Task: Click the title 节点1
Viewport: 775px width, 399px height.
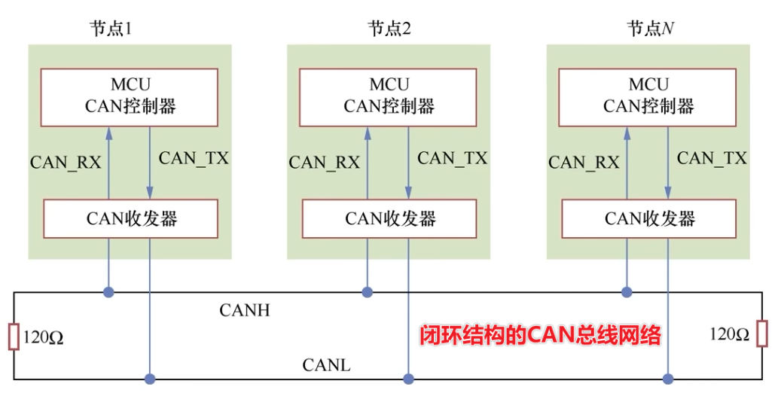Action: (x=111, y=29)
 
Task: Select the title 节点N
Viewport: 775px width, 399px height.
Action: (x=650, y=29)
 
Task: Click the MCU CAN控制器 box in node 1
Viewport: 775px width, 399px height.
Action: (x=130, y=96)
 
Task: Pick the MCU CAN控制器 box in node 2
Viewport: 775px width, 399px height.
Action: (x=389, y=96)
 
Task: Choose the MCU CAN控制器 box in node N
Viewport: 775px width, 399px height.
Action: (x=648, y=96)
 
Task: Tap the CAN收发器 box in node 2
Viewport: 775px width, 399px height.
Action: (x=389, y=218)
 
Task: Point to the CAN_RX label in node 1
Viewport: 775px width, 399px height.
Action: (x=66, y=162)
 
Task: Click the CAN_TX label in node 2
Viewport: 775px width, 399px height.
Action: (x=453, y=158)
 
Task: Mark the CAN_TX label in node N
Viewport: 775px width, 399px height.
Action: (x=712, y=158)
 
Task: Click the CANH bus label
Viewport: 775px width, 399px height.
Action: (x=245, y=309)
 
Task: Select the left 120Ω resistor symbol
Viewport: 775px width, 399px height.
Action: (x=13, y=337)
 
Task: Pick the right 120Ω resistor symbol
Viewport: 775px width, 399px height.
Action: (x=762, y=333)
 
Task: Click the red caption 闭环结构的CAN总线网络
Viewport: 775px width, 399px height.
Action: (x=540, y=335)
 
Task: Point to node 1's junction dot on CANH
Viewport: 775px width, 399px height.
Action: (x=109, y=291)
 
